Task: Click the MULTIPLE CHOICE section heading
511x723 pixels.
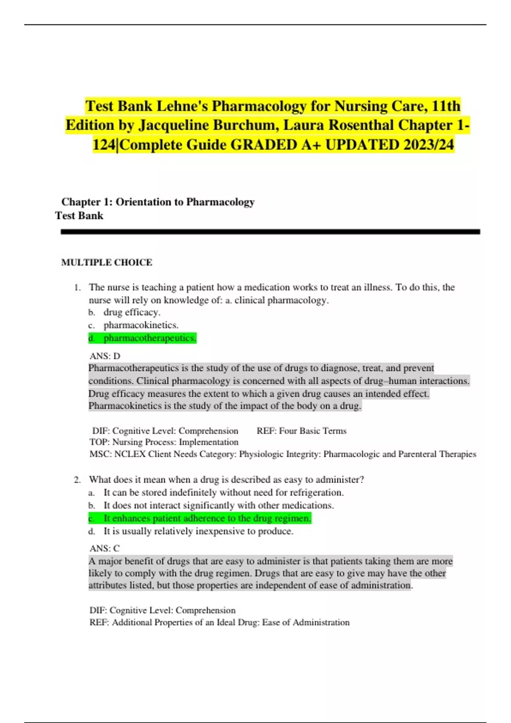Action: [106, 262]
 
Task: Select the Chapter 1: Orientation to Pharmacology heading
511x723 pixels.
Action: [158, 202]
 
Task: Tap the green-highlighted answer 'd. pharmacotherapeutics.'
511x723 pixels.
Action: [142, 338]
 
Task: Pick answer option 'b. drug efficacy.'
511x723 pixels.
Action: [124, 312]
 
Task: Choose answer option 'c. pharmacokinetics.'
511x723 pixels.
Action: [133, 325]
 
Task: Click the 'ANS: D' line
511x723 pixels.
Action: [105, 356]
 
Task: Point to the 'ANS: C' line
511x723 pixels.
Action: [104, 549]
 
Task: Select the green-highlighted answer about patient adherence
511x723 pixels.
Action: [200, 518]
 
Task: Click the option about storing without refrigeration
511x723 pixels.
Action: [216, 492]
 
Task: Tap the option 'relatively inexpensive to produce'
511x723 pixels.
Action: [191, 531]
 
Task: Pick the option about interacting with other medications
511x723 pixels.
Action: [211, 505]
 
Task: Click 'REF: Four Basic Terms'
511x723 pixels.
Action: [301, 431]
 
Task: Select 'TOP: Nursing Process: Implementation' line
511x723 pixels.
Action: [164, 442]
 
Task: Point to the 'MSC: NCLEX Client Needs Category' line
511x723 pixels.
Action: [283, 454]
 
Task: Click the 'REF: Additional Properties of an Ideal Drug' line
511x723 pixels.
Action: [219, 623]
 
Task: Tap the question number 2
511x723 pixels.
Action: [77, 480]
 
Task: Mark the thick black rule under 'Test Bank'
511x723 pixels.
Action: [270, 232]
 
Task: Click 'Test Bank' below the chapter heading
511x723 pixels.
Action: [79, 216]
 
